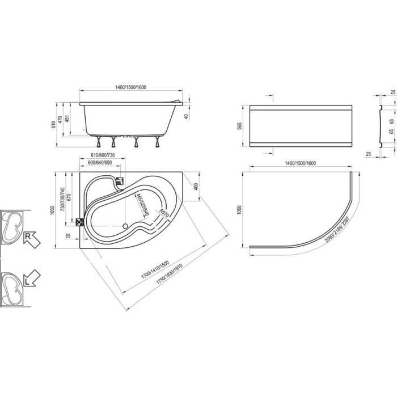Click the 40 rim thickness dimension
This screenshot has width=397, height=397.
pyautogui.click(x=186, y=117)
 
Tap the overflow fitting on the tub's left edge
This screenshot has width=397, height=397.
pyautogui.click(x=79, y=222)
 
